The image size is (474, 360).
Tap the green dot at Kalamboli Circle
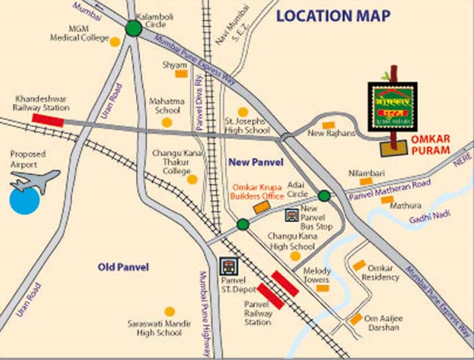pos(133,29)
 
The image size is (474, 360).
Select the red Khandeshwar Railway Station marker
pos(47,119)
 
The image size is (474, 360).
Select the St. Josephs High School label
pos(246,126)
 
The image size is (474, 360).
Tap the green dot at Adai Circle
pos(324,195)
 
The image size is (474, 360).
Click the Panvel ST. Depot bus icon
pos(227,266)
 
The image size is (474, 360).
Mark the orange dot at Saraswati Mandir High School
pos(169,312)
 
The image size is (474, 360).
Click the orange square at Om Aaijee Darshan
pos(355,320)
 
